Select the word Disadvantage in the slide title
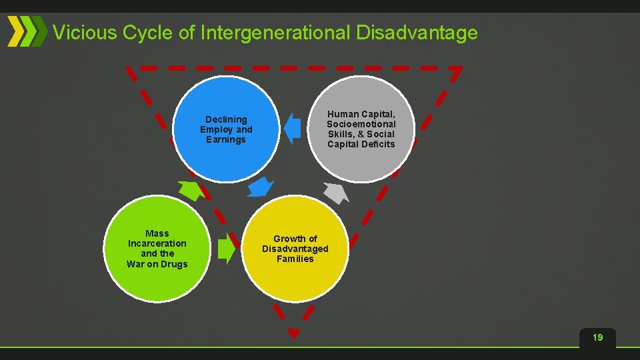[417, 32]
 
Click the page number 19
[597, 338]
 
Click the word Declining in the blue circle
[226, 119]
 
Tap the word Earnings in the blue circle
[226, 139]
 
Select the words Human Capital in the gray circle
[361, 114]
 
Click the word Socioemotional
[361, 124]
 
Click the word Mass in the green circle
[157, 233]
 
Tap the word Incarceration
[157, 243]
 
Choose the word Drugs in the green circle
[173, 264]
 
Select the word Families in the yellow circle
[295, 259]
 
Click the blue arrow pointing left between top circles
[291, 129]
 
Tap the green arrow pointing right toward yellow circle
[227, 249]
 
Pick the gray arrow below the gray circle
[336, 193]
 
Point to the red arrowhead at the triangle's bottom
[293, 333]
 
